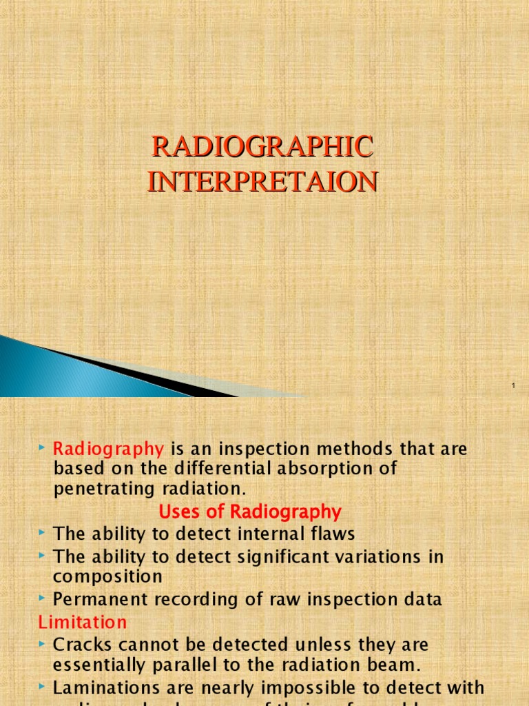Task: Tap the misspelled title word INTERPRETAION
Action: tap(262, 181)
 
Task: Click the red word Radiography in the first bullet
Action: tap(109, 450)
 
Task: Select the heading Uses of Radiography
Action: tap(250, 512)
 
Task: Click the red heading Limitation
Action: tap(83, 622)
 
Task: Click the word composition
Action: tap(108, 576)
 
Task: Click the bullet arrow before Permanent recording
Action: tap(43, 598)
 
